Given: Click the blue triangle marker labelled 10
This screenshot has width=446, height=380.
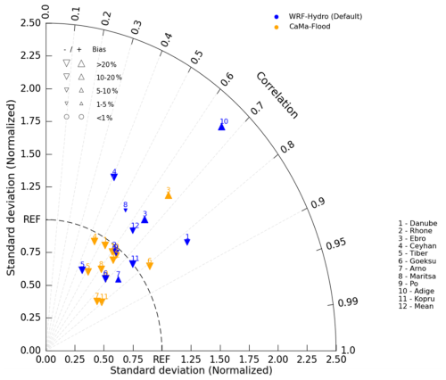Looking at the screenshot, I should (221, 127).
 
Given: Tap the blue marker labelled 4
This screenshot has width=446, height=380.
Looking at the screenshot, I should (114, 177).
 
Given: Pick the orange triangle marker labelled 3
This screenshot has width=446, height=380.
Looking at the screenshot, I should (168, 194).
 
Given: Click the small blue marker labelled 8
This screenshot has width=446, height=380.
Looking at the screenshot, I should (126, 210).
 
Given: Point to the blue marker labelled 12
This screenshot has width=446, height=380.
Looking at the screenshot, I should (133, 230).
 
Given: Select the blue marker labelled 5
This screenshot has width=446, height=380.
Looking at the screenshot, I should (82, 269).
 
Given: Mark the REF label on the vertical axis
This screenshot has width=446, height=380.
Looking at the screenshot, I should (30, 219).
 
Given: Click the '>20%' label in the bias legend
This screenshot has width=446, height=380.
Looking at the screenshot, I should (107, 64).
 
